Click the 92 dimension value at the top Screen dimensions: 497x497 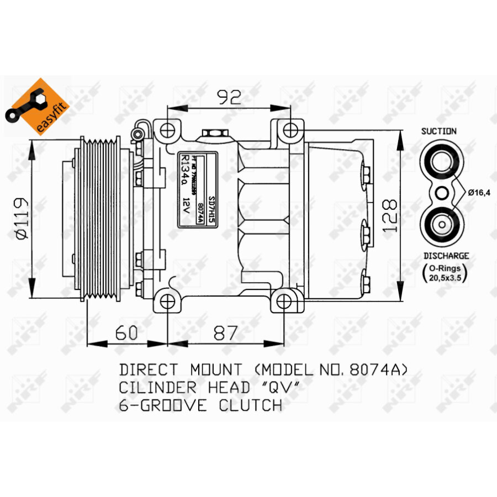(x=228, y=98)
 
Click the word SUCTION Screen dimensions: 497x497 (x=438, y=131)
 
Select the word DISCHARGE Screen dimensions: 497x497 (x=446, y=256)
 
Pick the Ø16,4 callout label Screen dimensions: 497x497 (x=479, y=193)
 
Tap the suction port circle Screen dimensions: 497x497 (x=440, y=163)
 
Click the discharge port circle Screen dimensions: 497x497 (x=440, y=224)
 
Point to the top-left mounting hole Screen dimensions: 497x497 (x=167, y=130)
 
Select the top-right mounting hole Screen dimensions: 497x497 (x=290, y=130)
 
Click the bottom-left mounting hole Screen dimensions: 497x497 (x=167, y=300)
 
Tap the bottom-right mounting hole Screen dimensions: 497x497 (x=284, y=300)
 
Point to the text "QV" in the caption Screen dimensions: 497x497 (x=284, y=387)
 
